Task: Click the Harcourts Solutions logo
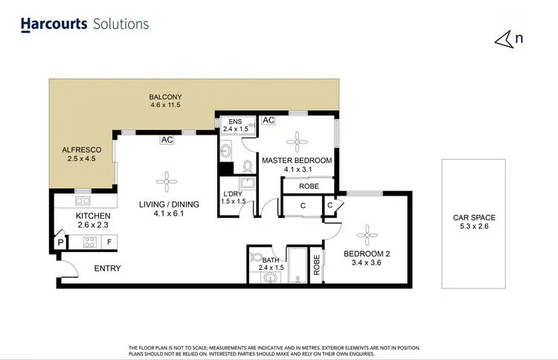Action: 84,24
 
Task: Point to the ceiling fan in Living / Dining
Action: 166,179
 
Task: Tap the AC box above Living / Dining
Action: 166,139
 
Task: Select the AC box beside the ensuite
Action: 269,120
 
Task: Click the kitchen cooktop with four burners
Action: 89,241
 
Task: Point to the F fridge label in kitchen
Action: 109,242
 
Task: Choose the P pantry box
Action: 59,242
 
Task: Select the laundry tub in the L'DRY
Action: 245,184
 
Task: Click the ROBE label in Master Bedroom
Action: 306,187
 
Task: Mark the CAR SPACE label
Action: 475,222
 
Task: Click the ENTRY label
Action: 108,269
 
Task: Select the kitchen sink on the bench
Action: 82,202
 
